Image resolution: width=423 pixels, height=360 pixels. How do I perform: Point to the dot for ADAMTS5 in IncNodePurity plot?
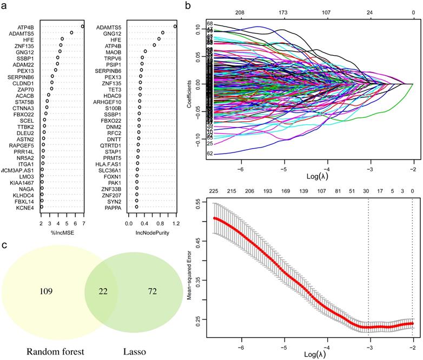(175, 26)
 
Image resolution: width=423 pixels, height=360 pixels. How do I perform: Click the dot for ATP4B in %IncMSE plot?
(83, 26)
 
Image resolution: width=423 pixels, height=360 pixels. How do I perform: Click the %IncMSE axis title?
(61, 234)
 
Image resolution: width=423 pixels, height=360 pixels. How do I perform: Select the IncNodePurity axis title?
(151, 234)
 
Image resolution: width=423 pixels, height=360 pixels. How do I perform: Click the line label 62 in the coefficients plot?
(209, 154)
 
